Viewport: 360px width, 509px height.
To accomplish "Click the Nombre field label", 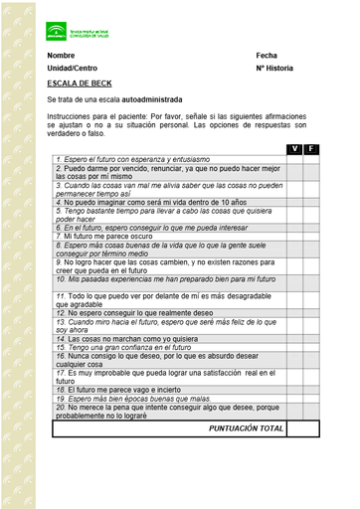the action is [61, 55].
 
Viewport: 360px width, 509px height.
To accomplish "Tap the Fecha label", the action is [266, 55].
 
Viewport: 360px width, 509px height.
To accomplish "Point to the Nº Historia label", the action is [274, 69].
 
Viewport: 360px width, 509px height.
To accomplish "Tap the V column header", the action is [294, 148].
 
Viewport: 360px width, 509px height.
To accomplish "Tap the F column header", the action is [310, 148].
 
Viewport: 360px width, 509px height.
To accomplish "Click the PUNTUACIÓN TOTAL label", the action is [246, 428].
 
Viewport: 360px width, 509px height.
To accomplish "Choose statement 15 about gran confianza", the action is [122, 347].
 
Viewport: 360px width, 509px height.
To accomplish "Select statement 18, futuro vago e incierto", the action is [119, 390].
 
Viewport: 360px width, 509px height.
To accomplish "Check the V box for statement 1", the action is [294, 159].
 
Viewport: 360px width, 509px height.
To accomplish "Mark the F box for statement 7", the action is [310, 236].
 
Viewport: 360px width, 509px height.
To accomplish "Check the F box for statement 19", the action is [310, 399].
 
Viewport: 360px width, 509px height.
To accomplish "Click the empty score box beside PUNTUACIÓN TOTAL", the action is [302, 428].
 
